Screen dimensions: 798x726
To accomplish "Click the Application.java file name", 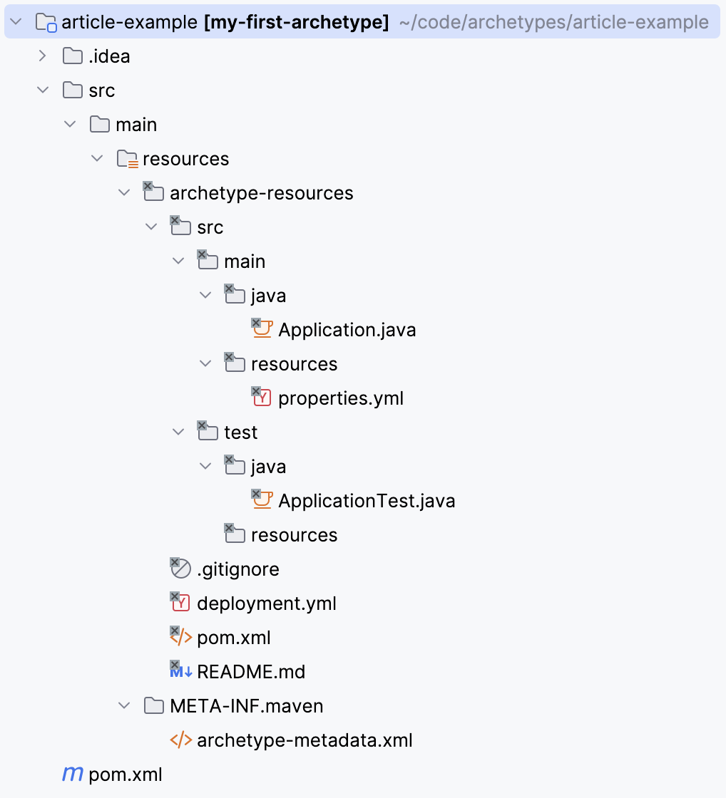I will (347, 330).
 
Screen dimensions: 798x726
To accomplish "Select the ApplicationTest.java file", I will (367, 501).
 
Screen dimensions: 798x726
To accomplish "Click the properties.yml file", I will (341, 398).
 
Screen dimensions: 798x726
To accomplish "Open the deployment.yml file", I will (266, 603).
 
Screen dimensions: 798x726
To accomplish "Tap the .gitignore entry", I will (237, 569).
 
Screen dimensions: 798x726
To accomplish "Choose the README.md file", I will (251, 672).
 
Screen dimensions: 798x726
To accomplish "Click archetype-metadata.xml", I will (305, 740).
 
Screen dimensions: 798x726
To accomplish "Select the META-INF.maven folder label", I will (246, 706).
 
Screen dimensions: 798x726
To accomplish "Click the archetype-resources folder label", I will (261, 193).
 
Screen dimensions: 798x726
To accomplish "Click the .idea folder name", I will (109, 56).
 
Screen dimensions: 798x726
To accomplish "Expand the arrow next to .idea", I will (43, 56).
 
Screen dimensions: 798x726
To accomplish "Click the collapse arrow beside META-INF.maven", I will (124, 706).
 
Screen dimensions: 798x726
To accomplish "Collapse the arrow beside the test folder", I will (178, 432).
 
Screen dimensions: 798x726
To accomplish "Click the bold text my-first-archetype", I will (297, 22).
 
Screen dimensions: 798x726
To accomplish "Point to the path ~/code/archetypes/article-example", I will (553, 22).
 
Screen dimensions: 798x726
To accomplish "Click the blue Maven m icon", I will (73, 774).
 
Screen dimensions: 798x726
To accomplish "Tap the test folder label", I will (240, 432).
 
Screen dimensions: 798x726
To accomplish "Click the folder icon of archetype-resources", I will (153, 192).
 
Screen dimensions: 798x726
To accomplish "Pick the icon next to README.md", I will (180, 671).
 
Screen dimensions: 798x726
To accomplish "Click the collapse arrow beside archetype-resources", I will (124, 193).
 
